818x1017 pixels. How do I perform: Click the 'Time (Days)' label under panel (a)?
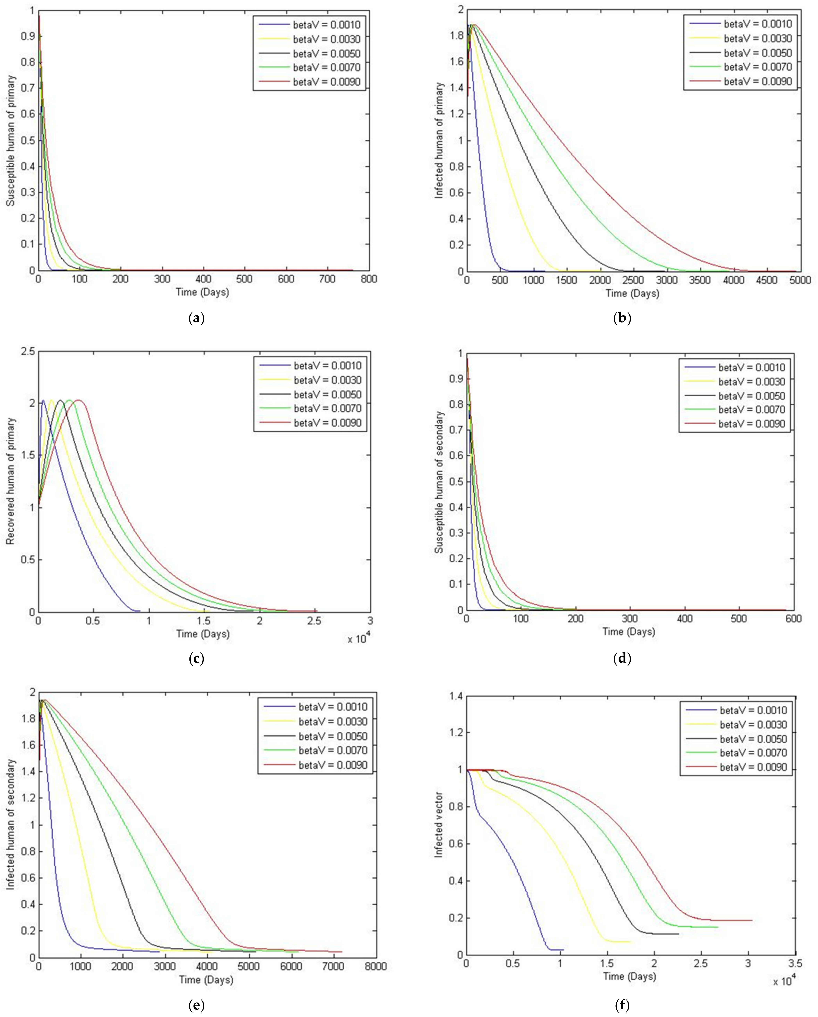202,292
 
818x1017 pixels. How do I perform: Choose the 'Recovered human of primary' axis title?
10,481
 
